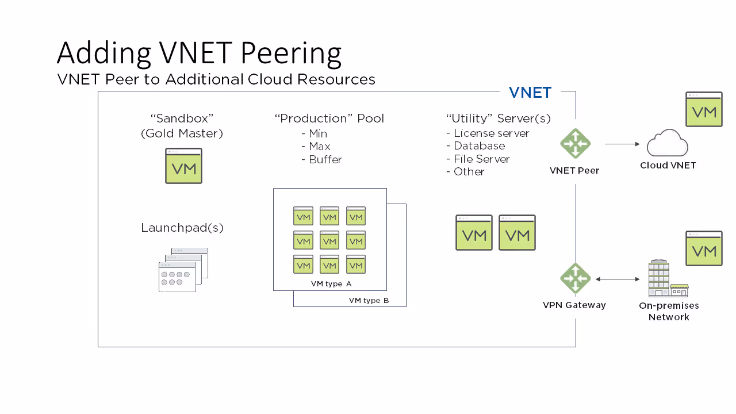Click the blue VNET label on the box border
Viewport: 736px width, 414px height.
[x=530, y=93]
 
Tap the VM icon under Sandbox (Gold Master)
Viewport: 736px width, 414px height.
[x=183, y=166]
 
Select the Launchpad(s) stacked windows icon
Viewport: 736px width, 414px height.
[x=183, y=270]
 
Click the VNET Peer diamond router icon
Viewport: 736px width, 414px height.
[x=576, y=144]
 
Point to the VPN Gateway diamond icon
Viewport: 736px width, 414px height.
[x=576, y=279]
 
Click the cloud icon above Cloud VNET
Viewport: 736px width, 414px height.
[x=668, y=143]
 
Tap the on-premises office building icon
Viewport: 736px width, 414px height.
[x=668, y=278]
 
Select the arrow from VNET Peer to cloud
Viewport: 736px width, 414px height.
[x=622, y=144]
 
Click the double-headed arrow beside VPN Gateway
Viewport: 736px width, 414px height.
[x=618, y=279]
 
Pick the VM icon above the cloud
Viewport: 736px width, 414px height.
[x=704, y=109]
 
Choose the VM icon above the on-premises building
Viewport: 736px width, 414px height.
[x=704, y=248]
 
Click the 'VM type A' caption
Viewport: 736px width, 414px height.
[x=331, y=284]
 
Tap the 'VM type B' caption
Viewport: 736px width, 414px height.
[x=369, y=301]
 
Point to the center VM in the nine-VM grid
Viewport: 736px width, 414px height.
[x=329, y=240]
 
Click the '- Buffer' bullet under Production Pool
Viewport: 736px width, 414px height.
[x=321, y=160]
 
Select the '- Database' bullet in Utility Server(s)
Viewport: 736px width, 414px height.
[x=476, y=146]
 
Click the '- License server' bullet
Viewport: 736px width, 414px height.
[x=488, y=133]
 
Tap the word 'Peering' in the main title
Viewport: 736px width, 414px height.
[x=291, y=53]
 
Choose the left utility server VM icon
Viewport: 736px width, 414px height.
[x=474, y=233]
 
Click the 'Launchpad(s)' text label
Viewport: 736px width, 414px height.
[x=182, y=228]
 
